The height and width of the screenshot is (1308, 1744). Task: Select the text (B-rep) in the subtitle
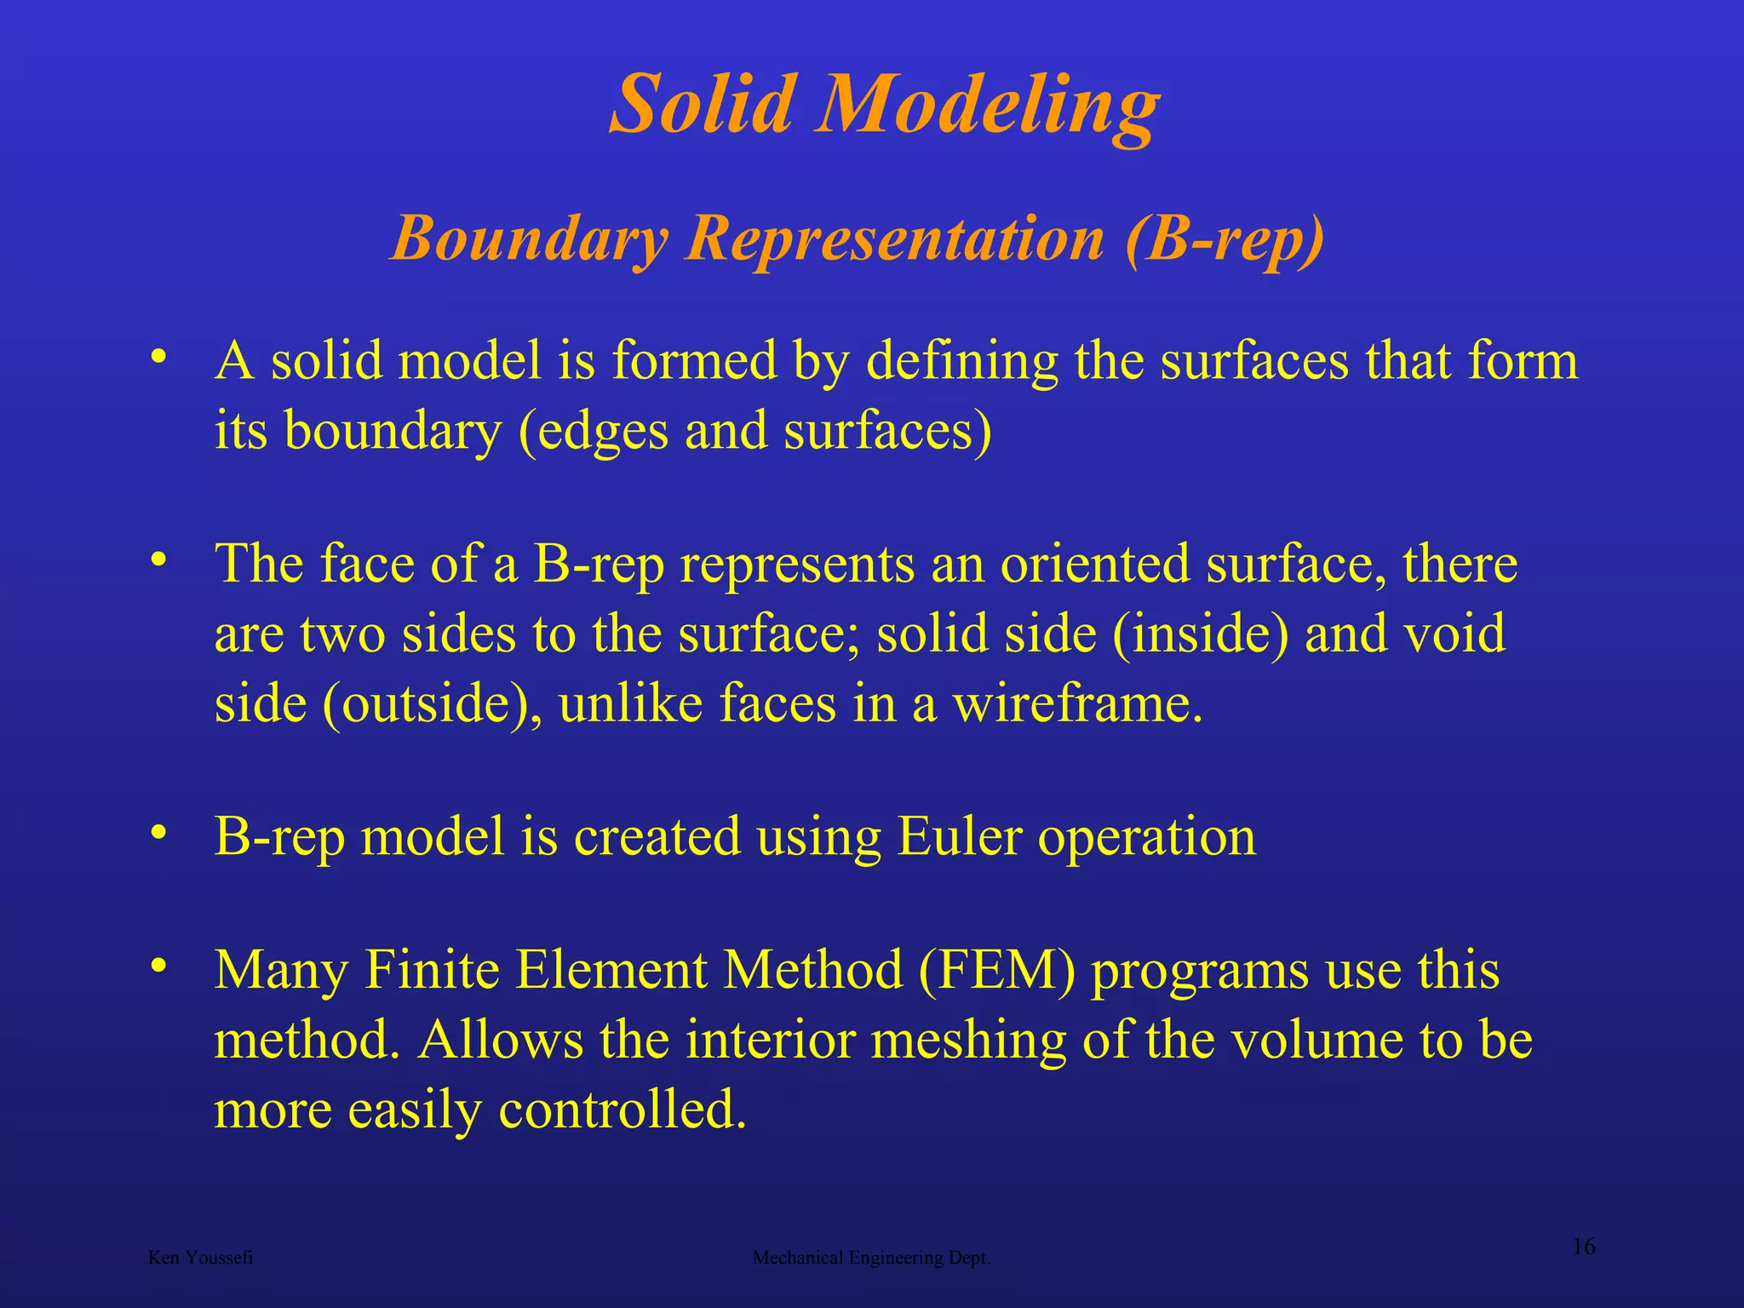(1225, 239)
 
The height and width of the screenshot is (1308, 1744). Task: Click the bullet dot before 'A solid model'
(158, 357)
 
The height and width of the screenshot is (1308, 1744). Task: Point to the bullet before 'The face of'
(158, 560)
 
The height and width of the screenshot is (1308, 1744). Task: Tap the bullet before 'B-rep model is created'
(158, 833)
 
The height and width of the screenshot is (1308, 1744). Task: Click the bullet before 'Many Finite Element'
(158, 967)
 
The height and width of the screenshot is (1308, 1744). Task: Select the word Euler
(959, 836)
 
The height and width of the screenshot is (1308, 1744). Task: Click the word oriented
(1094, 564)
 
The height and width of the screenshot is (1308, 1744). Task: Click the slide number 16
(1583, 1247)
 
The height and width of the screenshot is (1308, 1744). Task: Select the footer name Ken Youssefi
(200, 1258)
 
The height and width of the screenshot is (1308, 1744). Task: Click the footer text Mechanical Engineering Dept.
(871, 1258)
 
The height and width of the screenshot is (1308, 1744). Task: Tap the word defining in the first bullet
(962, 361)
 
